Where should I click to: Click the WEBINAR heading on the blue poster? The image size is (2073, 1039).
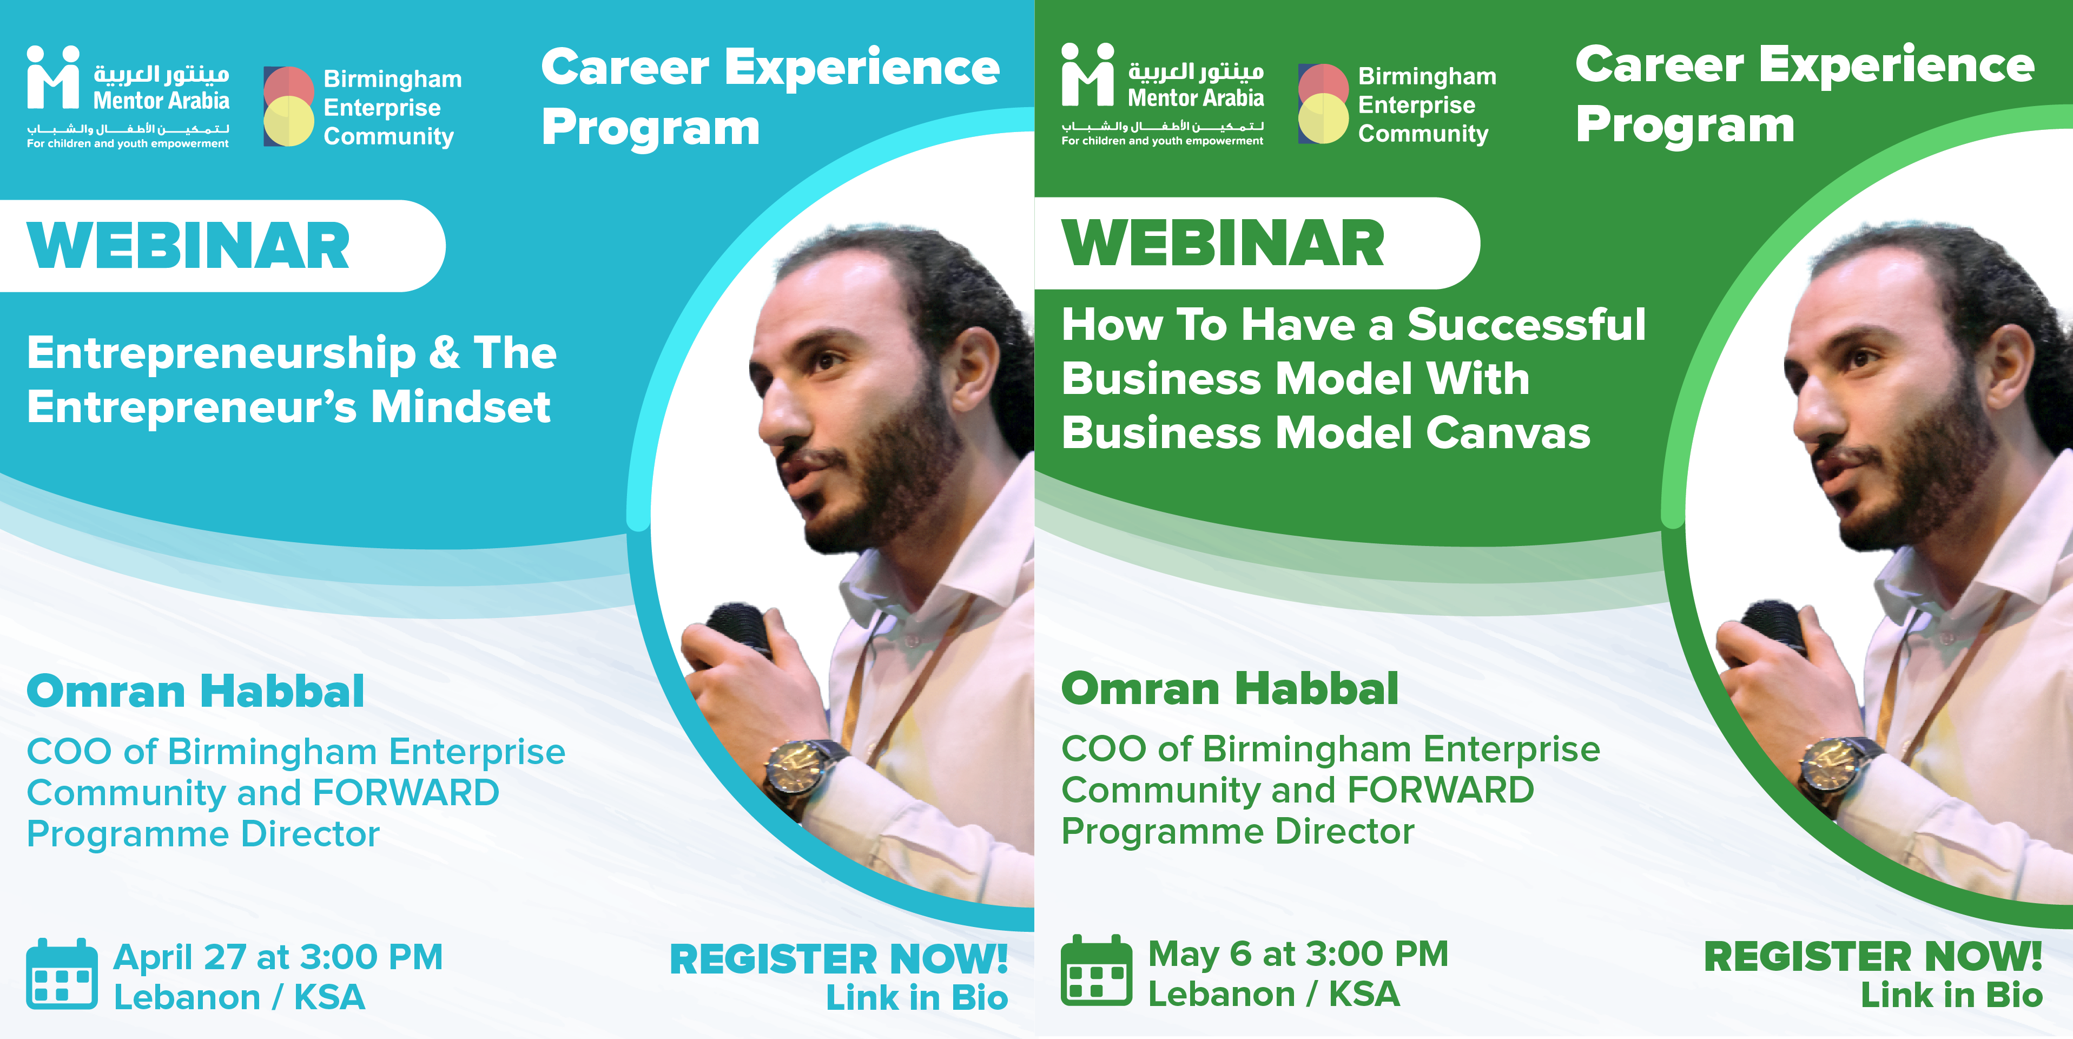tap(188, 246)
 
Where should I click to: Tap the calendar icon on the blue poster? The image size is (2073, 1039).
tap(62, 974)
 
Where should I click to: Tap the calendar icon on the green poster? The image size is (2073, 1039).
tap(1096, 971)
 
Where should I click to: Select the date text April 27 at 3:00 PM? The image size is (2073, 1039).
tap(279, 957)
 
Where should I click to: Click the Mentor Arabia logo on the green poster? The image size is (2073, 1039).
tap(1163, 95)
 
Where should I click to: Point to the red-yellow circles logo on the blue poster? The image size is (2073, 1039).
tap(288, 106)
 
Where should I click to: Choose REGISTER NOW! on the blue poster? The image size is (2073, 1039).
tap(839, 959)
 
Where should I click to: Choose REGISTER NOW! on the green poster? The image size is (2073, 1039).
tap(1873, 957)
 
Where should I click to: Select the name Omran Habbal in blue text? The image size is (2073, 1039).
tap(195, 692)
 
